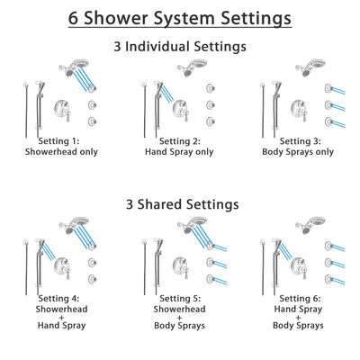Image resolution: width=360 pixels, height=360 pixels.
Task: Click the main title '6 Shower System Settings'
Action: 180,17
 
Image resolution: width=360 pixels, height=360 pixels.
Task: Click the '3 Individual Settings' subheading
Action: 180,46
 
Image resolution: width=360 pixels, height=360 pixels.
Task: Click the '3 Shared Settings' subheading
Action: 180,204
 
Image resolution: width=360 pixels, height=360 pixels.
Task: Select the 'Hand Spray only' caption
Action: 180,152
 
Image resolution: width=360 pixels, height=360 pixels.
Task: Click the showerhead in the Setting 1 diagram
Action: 68,67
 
